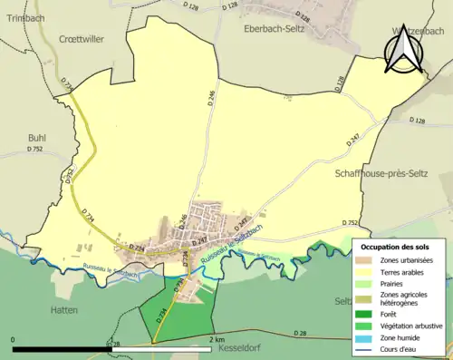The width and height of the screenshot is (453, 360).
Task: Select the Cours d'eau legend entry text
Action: [x=400, y=347]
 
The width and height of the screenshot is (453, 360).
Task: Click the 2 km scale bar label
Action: [x=216, y=340]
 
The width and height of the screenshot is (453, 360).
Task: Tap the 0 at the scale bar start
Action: [x=14, y=340]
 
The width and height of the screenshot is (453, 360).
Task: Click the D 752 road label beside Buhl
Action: [x=35, y=149]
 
